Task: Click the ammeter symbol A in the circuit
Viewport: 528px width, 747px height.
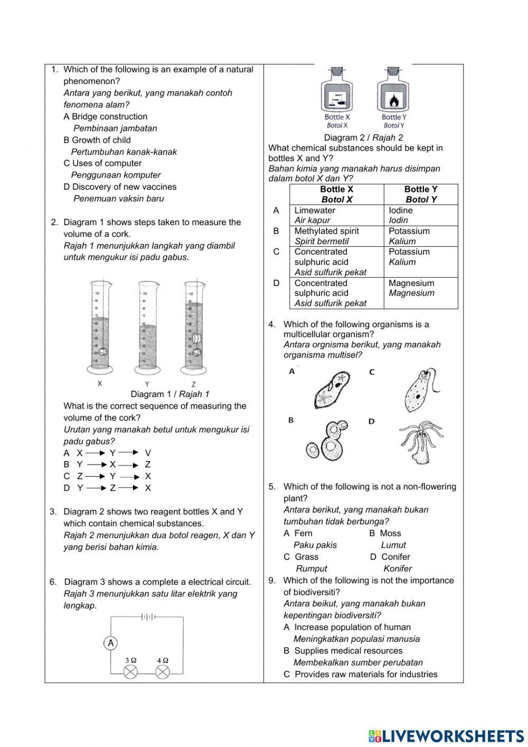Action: (111, 643)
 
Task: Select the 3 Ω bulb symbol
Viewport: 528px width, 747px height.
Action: (130, 671)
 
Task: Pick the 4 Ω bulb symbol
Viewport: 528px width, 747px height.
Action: (163, 671)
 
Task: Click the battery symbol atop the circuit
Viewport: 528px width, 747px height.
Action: (147, 616)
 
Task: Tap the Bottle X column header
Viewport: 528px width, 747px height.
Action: (336, 194)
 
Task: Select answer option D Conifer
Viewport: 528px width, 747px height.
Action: (390, 557)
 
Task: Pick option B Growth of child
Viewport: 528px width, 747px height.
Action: (97, 140)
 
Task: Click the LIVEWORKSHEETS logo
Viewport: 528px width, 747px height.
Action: (446, 735)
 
